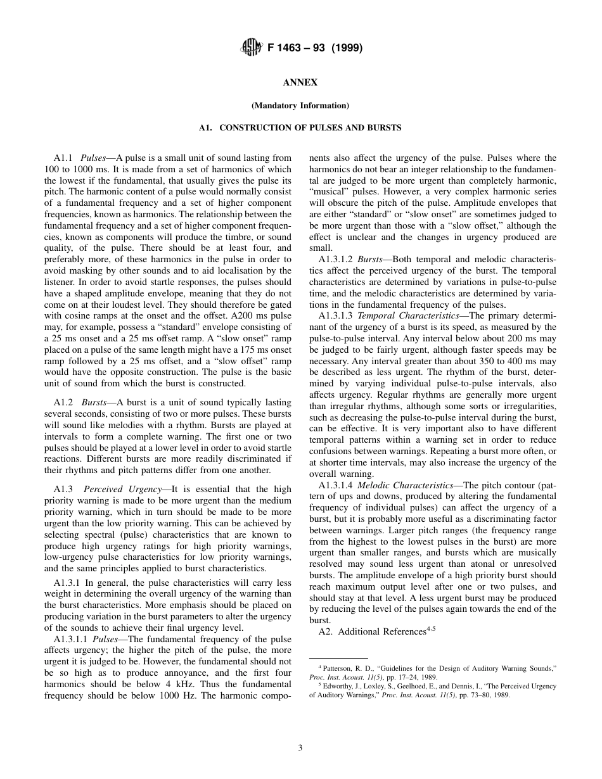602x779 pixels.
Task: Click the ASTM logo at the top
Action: point(248,48)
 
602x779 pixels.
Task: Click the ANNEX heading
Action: point(300,83)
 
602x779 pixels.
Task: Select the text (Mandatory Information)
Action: point(300,105)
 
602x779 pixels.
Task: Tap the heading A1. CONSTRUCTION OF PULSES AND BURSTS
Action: point(300,127)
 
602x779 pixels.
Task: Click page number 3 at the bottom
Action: point(300,748)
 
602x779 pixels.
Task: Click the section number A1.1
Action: point(64,158)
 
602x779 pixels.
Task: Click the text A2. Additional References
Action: point(370,632)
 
